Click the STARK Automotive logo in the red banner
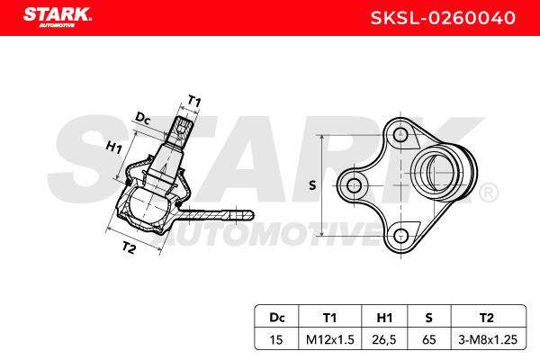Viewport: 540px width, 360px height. (58, 17)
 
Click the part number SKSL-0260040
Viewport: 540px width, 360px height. (443, 18)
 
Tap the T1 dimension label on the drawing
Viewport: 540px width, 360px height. (194, 102)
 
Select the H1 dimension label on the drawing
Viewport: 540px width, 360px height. (114, 147)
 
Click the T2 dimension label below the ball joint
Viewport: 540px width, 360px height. (129, 247)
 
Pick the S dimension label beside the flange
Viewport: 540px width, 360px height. (312, 185)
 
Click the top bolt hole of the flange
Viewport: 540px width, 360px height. (400, 135)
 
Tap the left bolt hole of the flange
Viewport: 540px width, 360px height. (354, 186)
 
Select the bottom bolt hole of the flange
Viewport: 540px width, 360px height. (400, 236)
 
